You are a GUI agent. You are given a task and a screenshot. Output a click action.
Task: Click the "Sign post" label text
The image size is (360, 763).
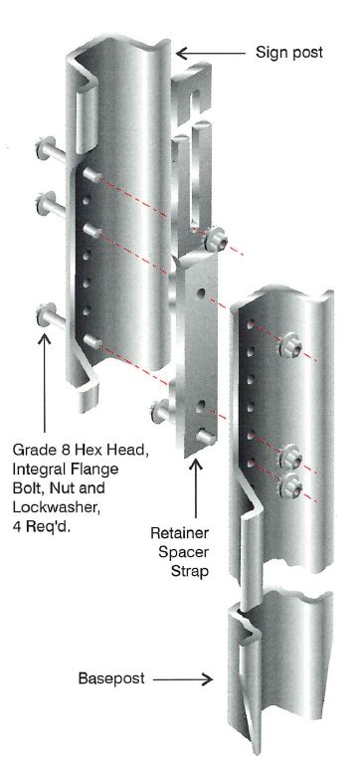288,53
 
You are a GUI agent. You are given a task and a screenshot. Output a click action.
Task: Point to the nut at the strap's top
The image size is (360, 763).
216,242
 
